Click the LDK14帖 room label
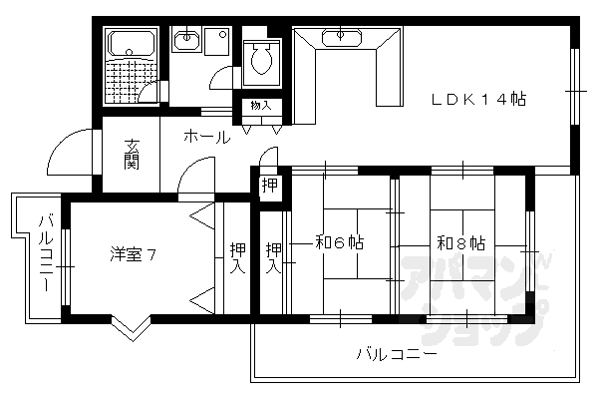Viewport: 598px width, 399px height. coord(479,99)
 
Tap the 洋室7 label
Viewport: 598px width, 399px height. coord(133,254)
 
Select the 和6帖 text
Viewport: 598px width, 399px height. coord(339,242)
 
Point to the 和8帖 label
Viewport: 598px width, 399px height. coord(460,242)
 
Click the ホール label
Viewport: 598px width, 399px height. coord(206,137)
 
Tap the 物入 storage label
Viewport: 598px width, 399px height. coord(259,106)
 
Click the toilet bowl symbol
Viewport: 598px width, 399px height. coord(263,60)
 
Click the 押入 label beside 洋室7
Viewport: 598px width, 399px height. coord(236,258)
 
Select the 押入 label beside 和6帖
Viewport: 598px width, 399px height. coord(273,258)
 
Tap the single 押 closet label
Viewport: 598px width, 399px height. coord(269,185)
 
